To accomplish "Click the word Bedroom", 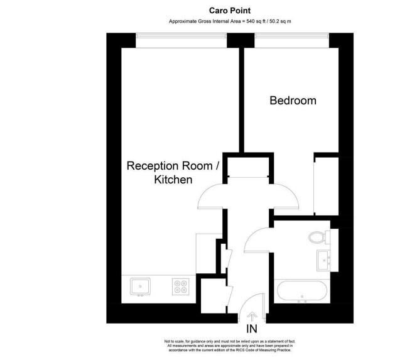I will click(x=293, y=101).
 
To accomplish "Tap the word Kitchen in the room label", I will click(x=173, y=180).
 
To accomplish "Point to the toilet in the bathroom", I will click(x=318, y=237).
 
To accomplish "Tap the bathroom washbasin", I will click(x=325, y=258).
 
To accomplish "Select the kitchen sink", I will click(x=139, y=286).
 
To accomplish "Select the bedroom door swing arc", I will click(x=288, y=195).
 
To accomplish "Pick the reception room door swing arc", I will click(x=210, y=196).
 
